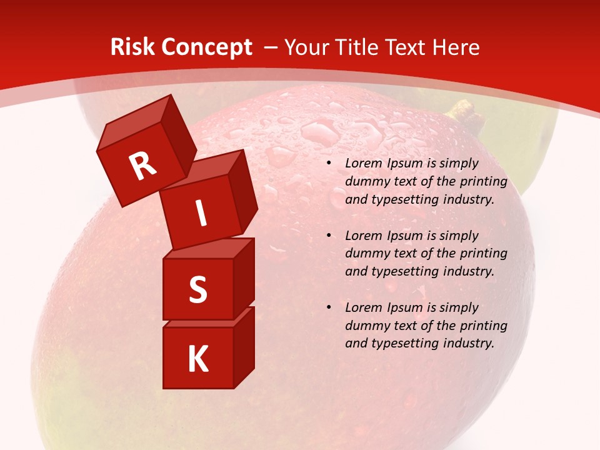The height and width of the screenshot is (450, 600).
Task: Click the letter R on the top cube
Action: [x=142, y=166]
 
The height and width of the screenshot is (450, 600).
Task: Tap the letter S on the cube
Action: [x=197, y=289]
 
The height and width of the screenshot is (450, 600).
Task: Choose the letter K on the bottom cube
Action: [x=197, y=359]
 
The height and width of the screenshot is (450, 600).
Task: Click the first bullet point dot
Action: [x=329, y=164]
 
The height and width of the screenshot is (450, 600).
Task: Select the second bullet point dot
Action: [x=329, y=236]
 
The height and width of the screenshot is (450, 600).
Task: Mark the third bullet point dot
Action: [x=329, y=307]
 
